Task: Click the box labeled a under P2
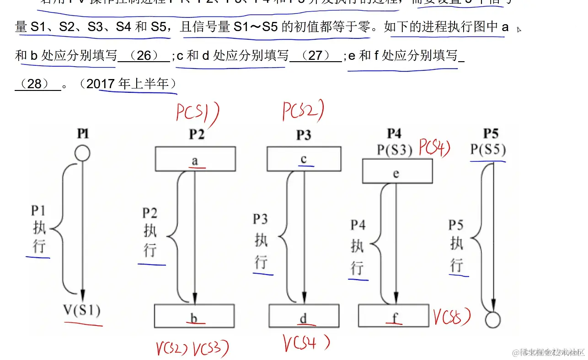[195, 159]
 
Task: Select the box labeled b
[194, 316]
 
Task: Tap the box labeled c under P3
[304, 159]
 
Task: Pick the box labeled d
[303, 316]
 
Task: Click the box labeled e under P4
[397, 171]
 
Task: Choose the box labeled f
[393, 316]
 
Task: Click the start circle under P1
[82, 153]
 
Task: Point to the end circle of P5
[492, 319]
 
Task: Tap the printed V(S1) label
[82, 311]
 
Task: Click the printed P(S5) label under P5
[488, 150]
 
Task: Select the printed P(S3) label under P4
[395, 149]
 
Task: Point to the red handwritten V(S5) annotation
[452, 317]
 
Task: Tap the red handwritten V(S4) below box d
[305, 343]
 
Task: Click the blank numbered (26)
[144, 56]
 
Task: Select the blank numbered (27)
[315, 56]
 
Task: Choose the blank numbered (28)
[37, 84]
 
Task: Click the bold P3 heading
[304, 135]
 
